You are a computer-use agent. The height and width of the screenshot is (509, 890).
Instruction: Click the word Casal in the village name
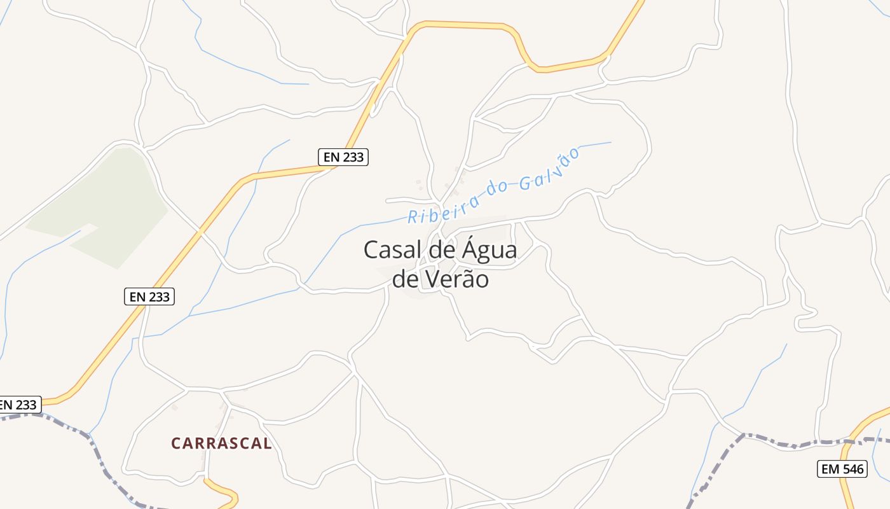pyautogui.click(x=391, y=250)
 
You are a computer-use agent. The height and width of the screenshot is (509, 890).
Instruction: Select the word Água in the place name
pyautogui.click(x=488, y=250)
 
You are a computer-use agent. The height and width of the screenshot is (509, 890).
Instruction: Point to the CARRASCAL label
pyautogui.click(x=221, y=443)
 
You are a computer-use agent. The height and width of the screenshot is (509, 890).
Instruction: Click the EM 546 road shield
pyautogui.click(x=842, y=470)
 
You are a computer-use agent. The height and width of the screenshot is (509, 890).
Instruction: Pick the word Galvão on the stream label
pyautogui.click(x=549, y=170)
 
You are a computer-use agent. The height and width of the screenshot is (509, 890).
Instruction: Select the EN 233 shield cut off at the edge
pyautogui.click(x=19, y=404)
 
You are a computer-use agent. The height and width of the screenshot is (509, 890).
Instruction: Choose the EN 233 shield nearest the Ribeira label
pyautogui.click(x=343, y=157)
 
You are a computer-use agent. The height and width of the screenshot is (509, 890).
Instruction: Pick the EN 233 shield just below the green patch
pyautogui.click(x=149, y=296)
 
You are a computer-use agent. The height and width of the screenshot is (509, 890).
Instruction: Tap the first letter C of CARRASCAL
pyautogui.click(x=176, y=443)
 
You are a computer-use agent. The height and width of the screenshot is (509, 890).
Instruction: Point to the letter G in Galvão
pyautogui.click(x=525, y=184)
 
